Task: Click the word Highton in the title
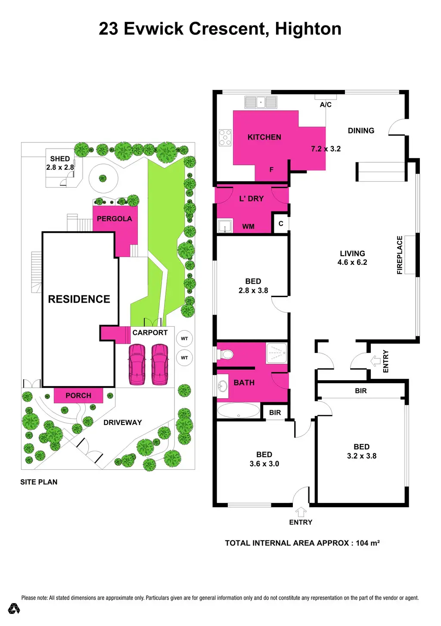308,29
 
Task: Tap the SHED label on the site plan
60,158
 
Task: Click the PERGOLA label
114,219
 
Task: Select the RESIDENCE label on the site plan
79,299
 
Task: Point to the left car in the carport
137,364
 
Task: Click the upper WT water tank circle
184,338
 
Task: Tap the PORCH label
78,395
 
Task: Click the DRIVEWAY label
122,422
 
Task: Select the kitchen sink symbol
261,102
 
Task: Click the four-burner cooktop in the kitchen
225,138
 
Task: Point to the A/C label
326,105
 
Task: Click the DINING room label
361,130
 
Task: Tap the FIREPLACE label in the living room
400,255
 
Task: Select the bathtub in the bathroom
239,410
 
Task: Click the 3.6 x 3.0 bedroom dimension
264,464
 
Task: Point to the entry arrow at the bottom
301,512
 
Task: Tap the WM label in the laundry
248,226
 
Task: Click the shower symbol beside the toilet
276,353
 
